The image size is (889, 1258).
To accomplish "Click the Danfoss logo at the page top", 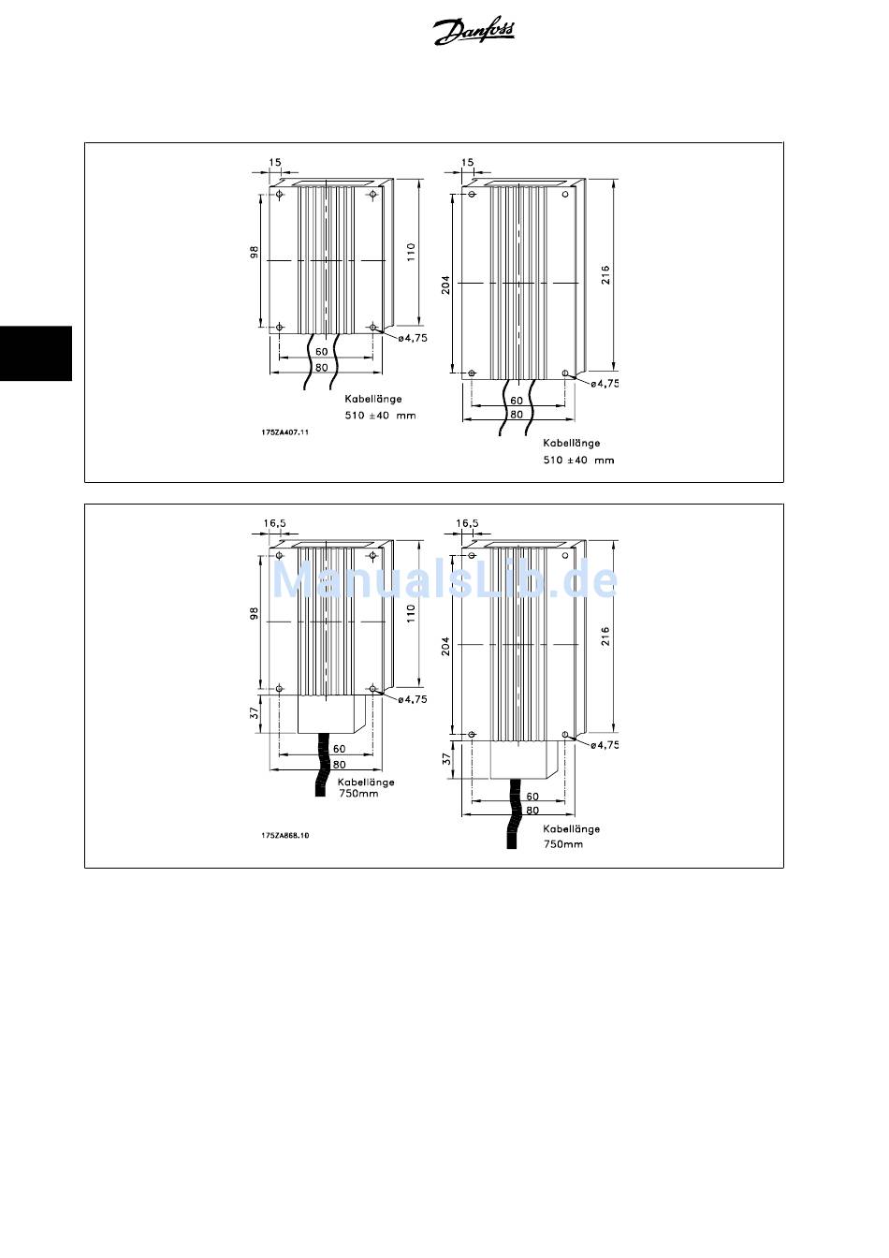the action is pyautogui.click(x=474, y=33).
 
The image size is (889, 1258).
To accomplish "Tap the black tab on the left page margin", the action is pyautogui.click(x=36, y=353).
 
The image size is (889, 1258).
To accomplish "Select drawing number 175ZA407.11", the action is pyautogui.click(x=285, y=432).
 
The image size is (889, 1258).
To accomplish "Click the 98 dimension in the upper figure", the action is pyautogui.click(x=254, y=254).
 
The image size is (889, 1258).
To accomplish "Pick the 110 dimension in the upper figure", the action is pyautogui.click(x=411, y=253).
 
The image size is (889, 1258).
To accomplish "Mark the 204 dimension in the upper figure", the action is pyautogui.click(x=446, y=284).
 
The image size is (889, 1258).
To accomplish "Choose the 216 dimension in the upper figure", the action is pyautogui.click(x=605, y=275).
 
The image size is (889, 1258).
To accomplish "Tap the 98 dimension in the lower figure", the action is pyautogui.click(x=254, y=614).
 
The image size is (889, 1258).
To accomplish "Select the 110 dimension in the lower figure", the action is pyautogui.click(x=411, y=614).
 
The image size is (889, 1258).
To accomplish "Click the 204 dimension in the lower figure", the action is pyautogui.click(x=446, y=645).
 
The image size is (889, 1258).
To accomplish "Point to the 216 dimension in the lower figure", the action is pyautogui.click(x=605, y=636).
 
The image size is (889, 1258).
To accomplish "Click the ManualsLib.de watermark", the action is pyautogui.click(x=444, y=580).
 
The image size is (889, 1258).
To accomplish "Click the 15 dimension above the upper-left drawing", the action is pyautogui.click(x=275, y=162).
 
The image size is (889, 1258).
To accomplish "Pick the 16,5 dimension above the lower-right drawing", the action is pyautogui.click(x=467, y=523).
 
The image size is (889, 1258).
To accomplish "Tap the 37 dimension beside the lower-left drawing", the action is pyautogui.click(x=254, y=712).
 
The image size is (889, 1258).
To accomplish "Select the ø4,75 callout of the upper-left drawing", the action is pyautogui.click(x=412, y=338).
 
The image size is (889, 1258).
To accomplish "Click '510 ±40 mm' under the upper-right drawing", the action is pyautogui.click(x=578, y=460).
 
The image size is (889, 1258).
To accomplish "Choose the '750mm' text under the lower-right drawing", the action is pyautogui.click(x=563, y=843).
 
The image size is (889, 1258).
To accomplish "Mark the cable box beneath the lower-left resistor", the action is pyautogui.click(x=331, y=715).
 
